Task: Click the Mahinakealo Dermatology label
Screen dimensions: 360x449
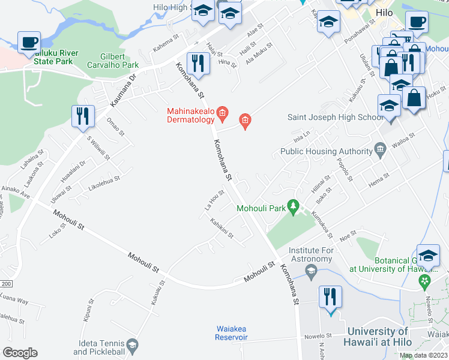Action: [x=190, y=115]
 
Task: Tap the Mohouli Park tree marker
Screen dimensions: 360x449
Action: [x=294, y=207]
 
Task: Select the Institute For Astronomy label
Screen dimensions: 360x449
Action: [x=310, y=254]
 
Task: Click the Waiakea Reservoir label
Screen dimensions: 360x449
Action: [x=231, y=333]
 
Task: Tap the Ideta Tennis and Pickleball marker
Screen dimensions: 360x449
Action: [x=133, y=346]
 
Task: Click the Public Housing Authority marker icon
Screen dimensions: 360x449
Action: [x=379, y=148]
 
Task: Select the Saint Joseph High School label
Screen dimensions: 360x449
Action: [x=335, y=117]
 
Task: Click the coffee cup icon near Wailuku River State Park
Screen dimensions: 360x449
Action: [x=28, y=43]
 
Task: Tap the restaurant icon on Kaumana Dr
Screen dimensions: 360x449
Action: [x=82, y=115]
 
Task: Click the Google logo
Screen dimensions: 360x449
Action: [x=19, y=352]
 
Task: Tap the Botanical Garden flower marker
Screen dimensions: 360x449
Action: [x=426, y=280]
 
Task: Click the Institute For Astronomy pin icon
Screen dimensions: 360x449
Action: [x=311, y=274]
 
